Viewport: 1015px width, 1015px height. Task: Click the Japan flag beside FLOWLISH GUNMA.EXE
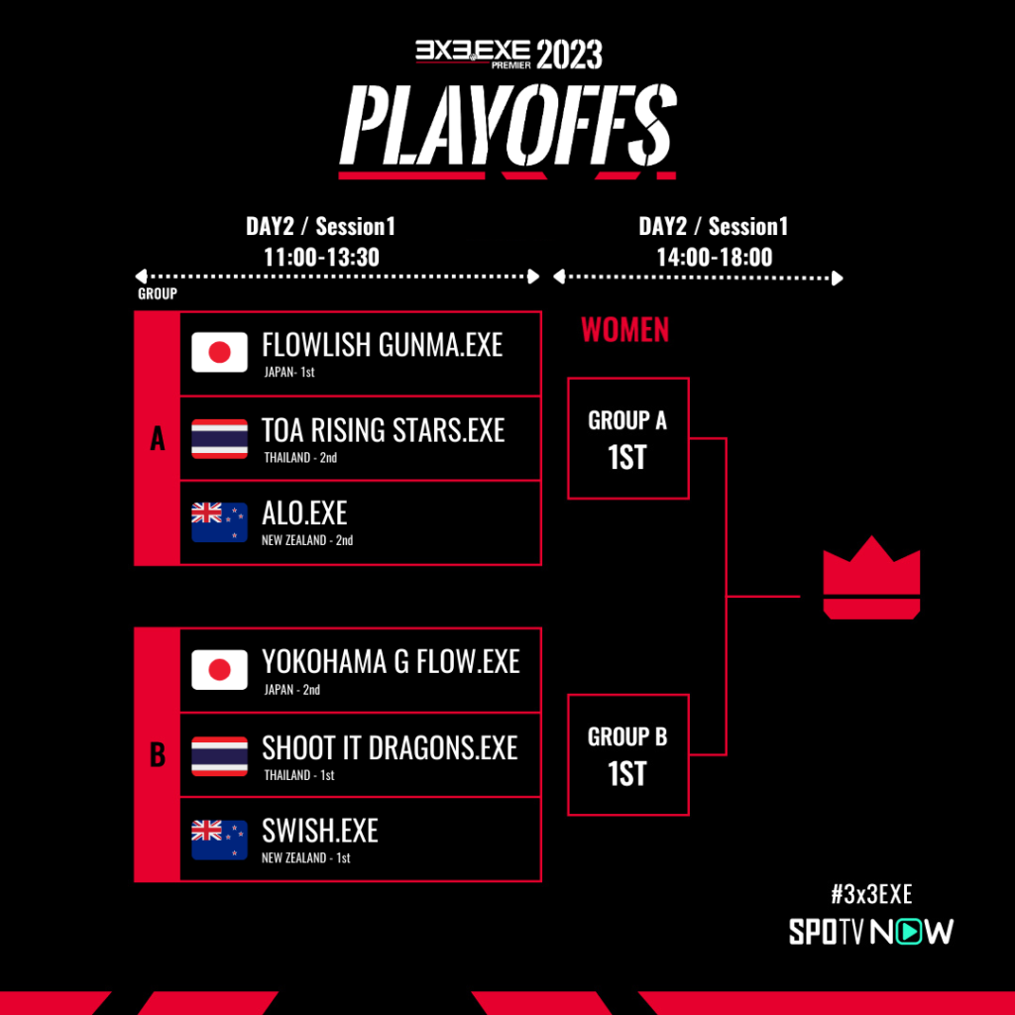(x=219, y=352)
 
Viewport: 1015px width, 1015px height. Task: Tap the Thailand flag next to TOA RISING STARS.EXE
(x=219, y=438)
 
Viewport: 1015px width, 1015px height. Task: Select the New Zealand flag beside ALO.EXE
(x=219, y=521)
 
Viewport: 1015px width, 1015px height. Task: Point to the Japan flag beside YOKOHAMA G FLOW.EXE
(x=219, y=669)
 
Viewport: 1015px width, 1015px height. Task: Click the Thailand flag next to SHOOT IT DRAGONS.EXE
(x=219, y=755)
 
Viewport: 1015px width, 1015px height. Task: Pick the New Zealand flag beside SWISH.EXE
(x=219, y=840)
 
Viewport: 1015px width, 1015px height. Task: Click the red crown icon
(x=871, y=578)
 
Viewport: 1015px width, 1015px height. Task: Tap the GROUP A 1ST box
(x=627, y=438)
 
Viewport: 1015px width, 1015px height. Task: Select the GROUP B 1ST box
(x=627, y=754)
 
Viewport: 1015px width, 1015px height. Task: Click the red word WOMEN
(x=624, y=329)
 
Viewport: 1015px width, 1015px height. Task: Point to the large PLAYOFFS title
(x=508, y=125)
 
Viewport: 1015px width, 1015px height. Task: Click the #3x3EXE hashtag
(x=871, y=894)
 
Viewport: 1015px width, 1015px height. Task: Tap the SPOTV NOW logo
(x=871, y=932)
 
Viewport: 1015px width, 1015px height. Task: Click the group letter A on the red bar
(x=158, y=438)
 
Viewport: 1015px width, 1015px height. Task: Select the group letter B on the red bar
(x=158, y=754)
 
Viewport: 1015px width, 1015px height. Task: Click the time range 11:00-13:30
(x=321, y=257)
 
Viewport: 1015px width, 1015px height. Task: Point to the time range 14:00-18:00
(x=714, y=257)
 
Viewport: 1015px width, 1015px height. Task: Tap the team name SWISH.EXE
(x=320, y=831)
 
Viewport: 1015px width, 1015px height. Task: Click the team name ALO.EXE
(x=304, y=513)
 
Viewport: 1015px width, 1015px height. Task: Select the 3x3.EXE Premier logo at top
(x=473, y=54)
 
